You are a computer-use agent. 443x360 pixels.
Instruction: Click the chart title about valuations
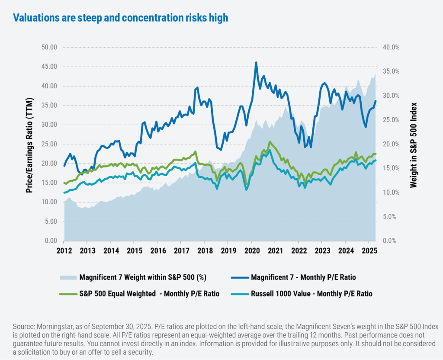(121, 18)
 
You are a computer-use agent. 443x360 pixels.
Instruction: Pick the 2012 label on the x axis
(64, 251)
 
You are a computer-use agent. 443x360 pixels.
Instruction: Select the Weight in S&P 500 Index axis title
(414, 145)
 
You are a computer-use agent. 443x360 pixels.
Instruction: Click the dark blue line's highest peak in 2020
(256, 62)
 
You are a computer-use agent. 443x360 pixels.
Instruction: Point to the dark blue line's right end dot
(376, 101)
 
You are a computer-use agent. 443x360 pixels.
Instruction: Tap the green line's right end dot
(376, 154)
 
